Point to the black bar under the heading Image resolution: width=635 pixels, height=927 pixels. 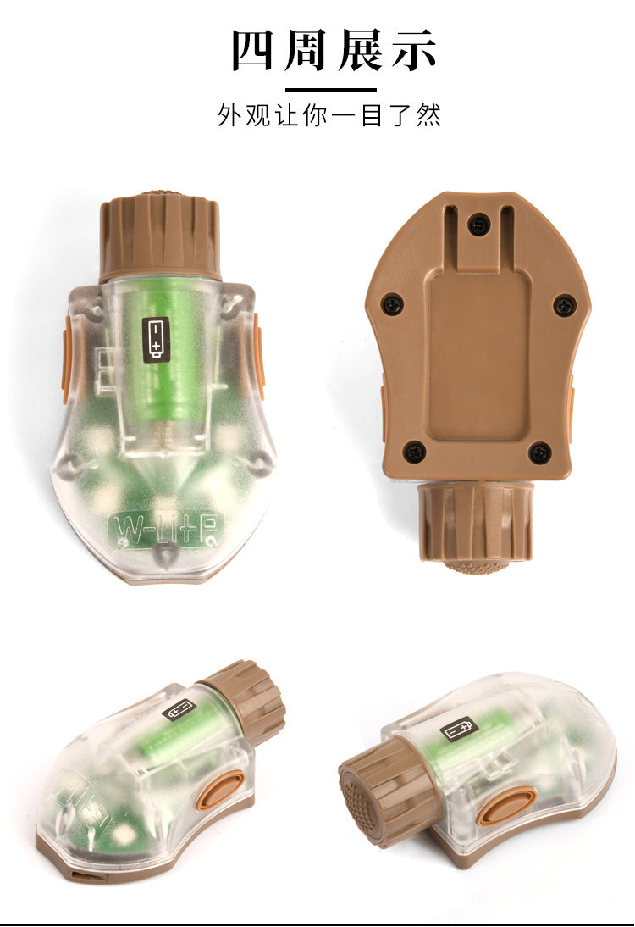click(x=331, y=91)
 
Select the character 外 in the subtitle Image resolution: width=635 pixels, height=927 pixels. click(x=229, y=115)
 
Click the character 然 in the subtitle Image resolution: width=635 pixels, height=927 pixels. click(x=429, y=115)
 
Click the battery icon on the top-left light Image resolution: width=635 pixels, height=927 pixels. click(x=155, y=339)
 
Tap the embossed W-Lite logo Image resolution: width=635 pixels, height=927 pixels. click(x=167, y=529)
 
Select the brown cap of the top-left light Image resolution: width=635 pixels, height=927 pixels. click(x=159, y=236)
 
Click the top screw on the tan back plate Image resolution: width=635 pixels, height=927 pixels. click(x=478, y=224)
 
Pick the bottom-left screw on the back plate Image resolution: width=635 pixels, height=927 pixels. click(x=414, y=452)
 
